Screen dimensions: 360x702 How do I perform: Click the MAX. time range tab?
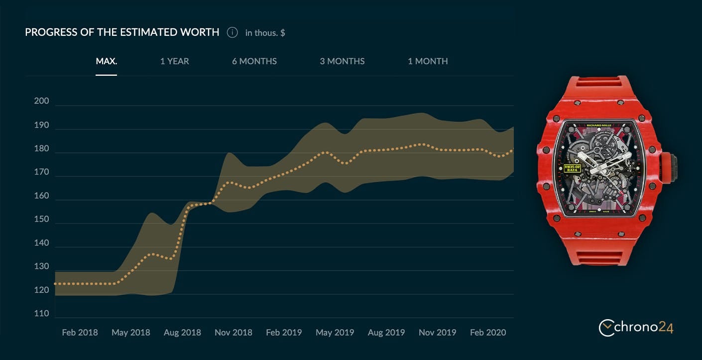click(x=106, y=61)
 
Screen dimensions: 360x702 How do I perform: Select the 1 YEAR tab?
click(x=174, y=61)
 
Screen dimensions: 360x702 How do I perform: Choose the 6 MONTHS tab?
click(x=254, y=61)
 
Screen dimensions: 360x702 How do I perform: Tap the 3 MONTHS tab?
click(x=342, y=61)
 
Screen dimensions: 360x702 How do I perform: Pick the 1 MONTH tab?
click(x=428, y=61)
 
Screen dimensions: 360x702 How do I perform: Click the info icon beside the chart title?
click(x=232, y=32)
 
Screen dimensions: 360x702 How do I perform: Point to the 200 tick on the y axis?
click(x=41, y=101)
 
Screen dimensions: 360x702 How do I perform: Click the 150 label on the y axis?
click(x=41, y=219)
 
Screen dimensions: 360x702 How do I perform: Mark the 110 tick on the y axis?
click(x=41, y=314)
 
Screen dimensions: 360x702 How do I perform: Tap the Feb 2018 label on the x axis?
click(x=80, y=333)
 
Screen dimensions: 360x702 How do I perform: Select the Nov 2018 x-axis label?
click(x=233, y=333)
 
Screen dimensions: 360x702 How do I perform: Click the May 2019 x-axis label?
click(x=335, y=333)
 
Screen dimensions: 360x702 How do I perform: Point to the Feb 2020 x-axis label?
click(x=488, y=333)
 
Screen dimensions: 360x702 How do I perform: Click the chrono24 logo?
click(x=636, y=327)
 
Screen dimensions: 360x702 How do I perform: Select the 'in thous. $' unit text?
click(x=265, y=33)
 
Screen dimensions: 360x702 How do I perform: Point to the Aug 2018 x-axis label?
click(x=182, y=333)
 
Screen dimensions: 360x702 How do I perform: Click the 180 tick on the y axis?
click(x=41, y=148)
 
